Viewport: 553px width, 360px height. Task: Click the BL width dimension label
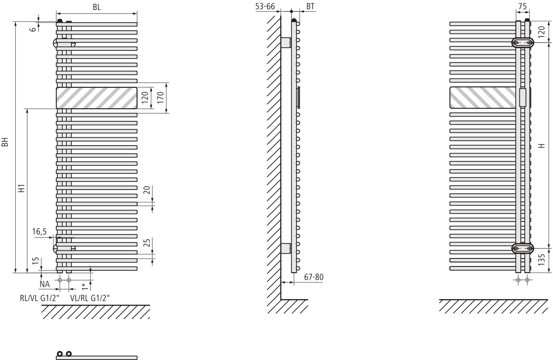click(x=97, y=7)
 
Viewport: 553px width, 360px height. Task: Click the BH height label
click(x=5, y=142)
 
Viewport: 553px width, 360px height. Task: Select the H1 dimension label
click(x=22, y=188)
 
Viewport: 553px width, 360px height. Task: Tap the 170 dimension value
click(x=160, y=98)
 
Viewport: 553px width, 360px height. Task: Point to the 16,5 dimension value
click(x=39, y=232)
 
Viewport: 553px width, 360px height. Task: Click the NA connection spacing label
click(x=45, y=284)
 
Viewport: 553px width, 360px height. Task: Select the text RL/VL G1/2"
click(x=40, y=298)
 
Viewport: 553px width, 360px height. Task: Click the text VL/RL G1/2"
click(x=90, y=298)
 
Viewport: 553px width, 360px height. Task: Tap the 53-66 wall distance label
click(x=265, y=7)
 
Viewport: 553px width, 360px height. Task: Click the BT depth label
click(x=310, y=7)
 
